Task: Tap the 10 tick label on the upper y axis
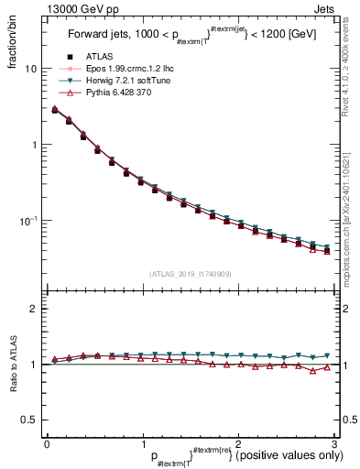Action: (31, 69)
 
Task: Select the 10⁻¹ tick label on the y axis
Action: (29, 221)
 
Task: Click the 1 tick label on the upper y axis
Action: (34, 145)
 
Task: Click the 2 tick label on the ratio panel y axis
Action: (34, 309)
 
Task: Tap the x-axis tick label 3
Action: (333, 443)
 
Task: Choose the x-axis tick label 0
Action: (47, 443)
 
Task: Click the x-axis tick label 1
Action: (142, 443)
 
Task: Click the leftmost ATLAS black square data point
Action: (55, 110)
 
